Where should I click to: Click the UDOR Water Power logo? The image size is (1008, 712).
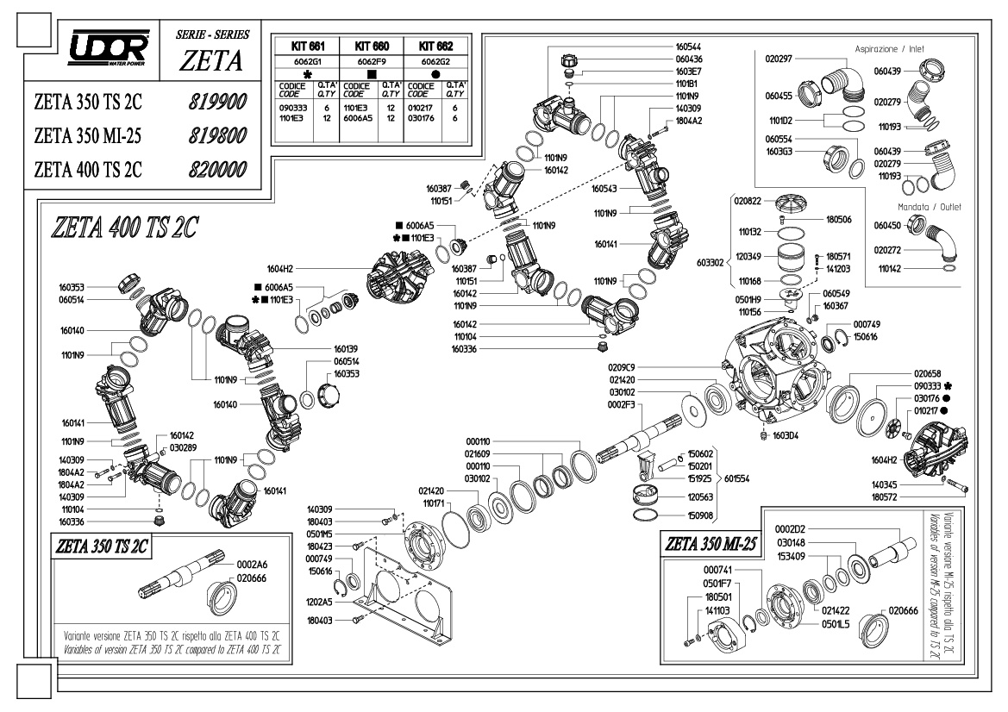pos(109,47)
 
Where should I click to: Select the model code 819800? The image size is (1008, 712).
pos(217,135)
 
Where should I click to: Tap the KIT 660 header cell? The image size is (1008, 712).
pos(372,47)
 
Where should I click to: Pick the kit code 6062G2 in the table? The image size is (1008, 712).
pos(435,62)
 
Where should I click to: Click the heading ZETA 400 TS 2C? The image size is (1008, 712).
pos(125,228)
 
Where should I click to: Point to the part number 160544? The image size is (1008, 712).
pos(688,47)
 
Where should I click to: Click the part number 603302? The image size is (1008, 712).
pos(710,263)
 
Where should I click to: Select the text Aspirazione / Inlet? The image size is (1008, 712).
pos(889,49)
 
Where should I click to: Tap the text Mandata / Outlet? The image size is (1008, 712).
pos(929,207)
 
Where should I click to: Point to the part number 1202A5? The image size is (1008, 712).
pos(319,603)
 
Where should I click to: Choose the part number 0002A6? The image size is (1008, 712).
pos(252,565)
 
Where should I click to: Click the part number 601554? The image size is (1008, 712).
pos(736,478)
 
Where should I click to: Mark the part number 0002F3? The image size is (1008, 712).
pos(621,405)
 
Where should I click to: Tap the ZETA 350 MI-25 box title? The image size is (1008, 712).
pos(711,544)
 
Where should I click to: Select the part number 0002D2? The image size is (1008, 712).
pos(790,529)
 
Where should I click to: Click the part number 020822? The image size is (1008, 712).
pos(748,201)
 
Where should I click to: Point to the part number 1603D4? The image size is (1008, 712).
pos(785,435)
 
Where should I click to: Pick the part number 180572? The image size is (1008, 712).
pos(884,497)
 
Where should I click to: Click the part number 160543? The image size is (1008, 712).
pos(604,189)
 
